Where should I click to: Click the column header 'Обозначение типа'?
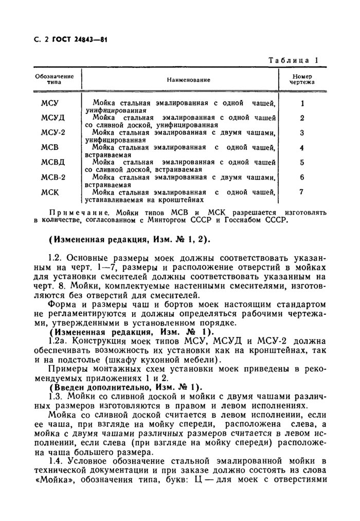55,79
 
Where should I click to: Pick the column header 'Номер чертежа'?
302,79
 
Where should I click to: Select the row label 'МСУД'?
53,118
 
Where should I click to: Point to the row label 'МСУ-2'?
53,133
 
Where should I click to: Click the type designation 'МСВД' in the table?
53,163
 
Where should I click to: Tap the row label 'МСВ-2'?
53,177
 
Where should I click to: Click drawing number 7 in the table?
302,192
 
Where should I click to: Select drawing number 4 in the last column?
302,148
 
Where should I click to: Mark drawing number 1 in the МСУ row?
302,103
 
